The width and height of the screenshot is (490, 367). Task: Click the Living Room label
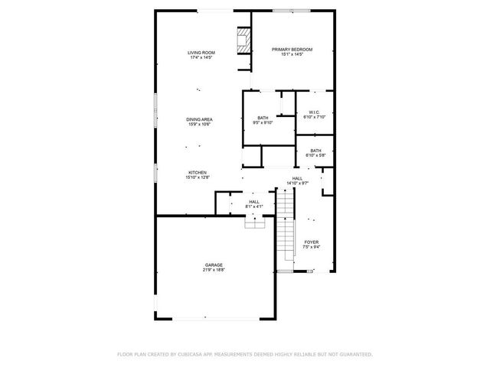pyautogui.click(x=201, y=52)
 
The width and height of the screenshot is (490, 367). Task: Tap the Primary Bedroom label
pyautogui.click(x=292, y=50)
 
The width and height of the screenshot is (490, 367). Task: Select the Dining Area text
pyautogui.click(x=199, y=119)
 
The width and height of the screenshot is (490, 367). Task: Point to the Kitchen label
pyautogui.click(x=198, y=173)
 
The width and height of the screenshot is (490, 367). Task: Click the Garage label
pyautogui.click(x=214, y=265)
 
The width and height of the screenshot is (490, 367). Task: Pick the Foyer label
pyautogui.click(x=312, y=242)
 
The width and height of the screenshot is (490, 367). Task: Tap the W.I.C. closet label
pyautogui.click(x=315, y=112)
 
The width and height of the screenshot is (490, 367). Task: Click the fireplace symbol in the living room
pyautogui.click(x=244, y=42)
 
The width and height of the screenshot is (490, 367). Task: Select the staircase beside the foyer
pyautogui.click(x=286, y=226)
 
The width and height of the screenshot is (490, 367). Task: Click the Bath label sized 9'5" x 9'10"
pyautogui.click(x=263, y=118)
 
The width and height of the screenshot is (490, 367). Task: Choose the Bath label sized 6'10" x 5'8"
pyautogui.click(x=315, y=151)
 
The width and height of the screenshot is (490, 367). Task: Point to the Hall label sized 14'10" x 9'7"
pyautogui.click(x=297, y=178)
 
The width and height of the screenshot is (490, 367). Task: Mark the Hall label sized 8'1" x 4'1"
pyautogui.click(x=254, y=202)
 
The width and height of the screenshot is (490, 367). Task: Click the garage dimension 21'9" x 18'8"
pyautogui.click(x=214, y=270)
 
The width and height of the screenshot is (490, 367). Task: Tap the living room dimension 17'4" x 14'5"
pyautogui.click(x=201, y=57)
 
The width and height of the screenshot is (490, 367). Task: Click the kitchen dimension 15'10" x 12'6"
pyautogui.click(x=198, y=177)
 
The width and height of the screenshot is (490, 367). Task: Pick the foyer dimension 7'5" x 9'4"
pyautogui.click(x=312, y=247)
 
